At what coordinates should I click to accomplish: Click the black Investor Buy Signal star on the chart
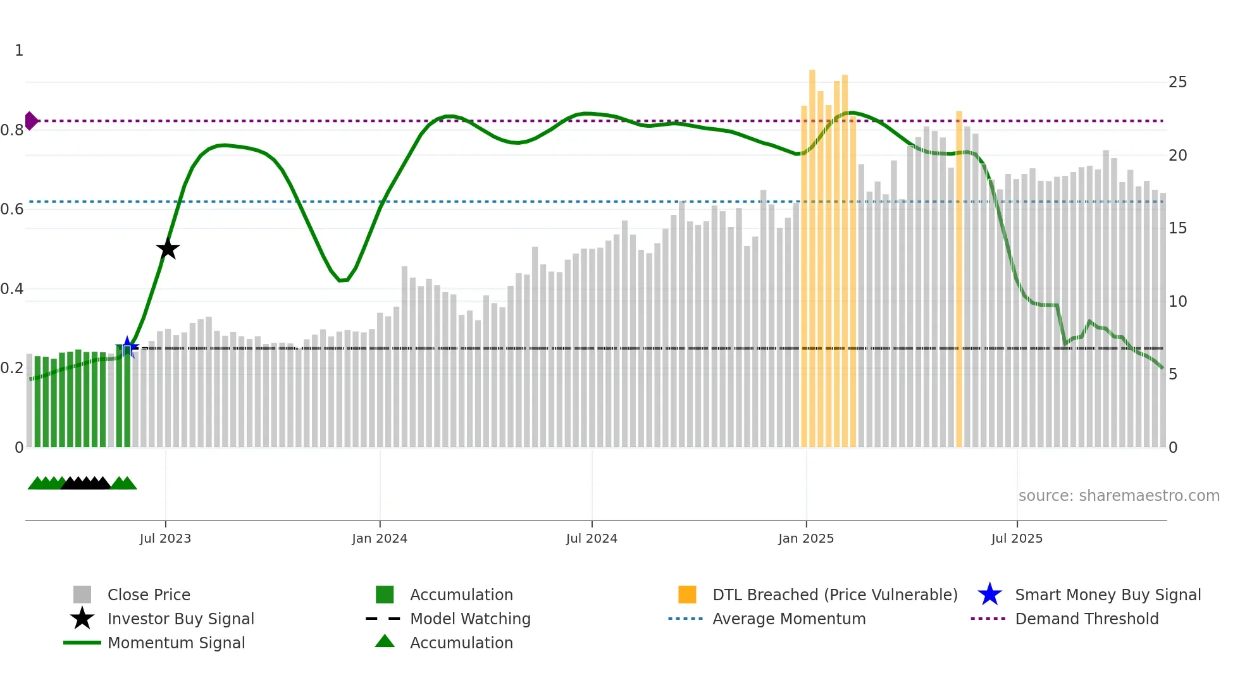coord(168,249)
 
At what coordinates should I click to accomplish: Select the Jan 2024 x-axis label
coord(380,538)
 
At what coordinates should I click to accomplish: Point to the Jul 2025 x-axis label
coord(1017,538)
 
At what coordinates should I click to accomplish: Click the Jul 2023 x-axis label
coord(165,538)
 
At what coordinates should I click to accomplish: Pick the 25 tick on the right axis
coord(1177,82)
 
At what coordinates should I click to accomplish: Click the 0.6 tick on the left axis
coord(12,209)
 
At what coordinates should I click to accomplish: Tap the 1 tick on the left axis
coord(19,51)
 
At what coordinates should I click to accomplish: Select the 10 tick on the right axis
coord(1177,302)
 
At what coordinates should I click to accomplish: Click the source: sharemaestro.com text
coord(1119,496)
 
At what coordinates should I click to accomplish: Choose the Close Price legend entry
coord(149,595)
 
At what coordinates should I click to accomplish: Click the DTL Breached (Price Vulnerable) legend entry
coord(834,595)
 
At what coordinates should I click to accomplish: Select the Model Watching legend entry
coord(470,619)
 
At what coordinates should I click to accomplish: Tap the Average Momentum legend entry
coord(788,619)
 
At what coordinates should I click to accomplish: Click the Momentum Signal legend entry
coord(176,643)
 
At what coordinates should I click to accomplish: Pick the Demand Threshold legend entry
coord(1086,619)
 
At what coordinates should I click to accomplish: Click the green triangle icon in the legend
coord(385,641)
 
